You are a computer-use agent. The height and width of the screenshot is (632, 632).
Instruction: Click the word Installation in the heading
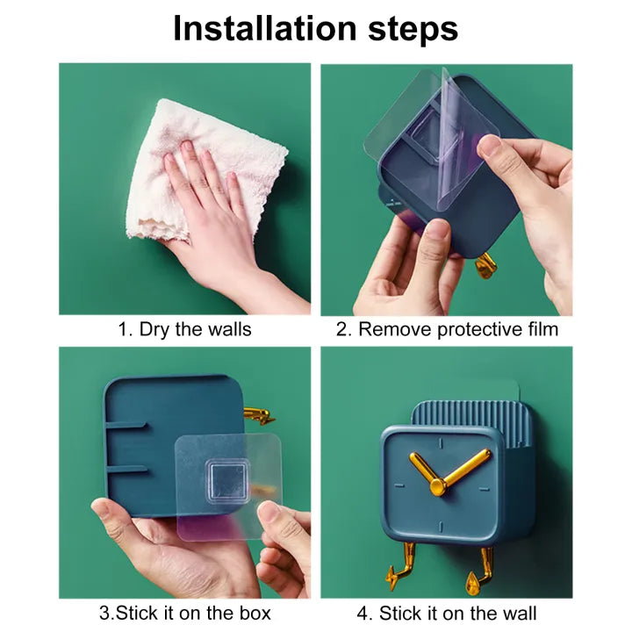[265, 28]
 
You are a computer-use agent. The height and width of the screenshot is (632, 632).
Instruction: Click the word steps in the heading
[413, 30]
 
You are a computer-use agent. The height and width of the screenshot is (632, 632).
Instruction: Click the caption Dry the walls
[195, 329]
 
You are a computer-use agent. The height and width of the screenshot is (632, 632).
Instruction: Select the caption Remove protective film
[458, 329]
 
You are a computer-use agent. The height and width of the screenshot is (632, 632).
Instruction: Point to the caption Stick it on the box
[193, 613]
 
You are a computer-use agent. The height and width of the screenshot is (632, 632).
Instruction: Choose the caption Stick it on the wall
[457, 613]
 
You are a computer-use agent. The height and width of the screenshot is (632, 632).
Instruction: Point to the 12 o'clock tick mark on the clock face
[441, 443]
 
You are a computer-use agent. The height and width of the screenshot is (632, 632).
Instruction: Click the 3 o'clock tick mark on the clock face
[485, 489]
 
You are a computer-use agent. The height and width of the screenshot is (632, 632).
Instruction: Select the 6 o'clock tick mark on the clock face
[441, 527]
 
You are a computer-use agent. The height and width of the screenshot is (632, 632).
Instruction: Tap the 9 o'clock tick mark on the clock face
[399, 485]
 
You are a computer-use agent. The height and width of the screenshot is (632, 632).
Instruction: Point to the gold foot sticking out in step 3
[259, 416]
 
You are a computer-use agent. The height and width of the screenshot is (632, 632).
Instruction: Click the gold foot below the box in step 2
[485, 265]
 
